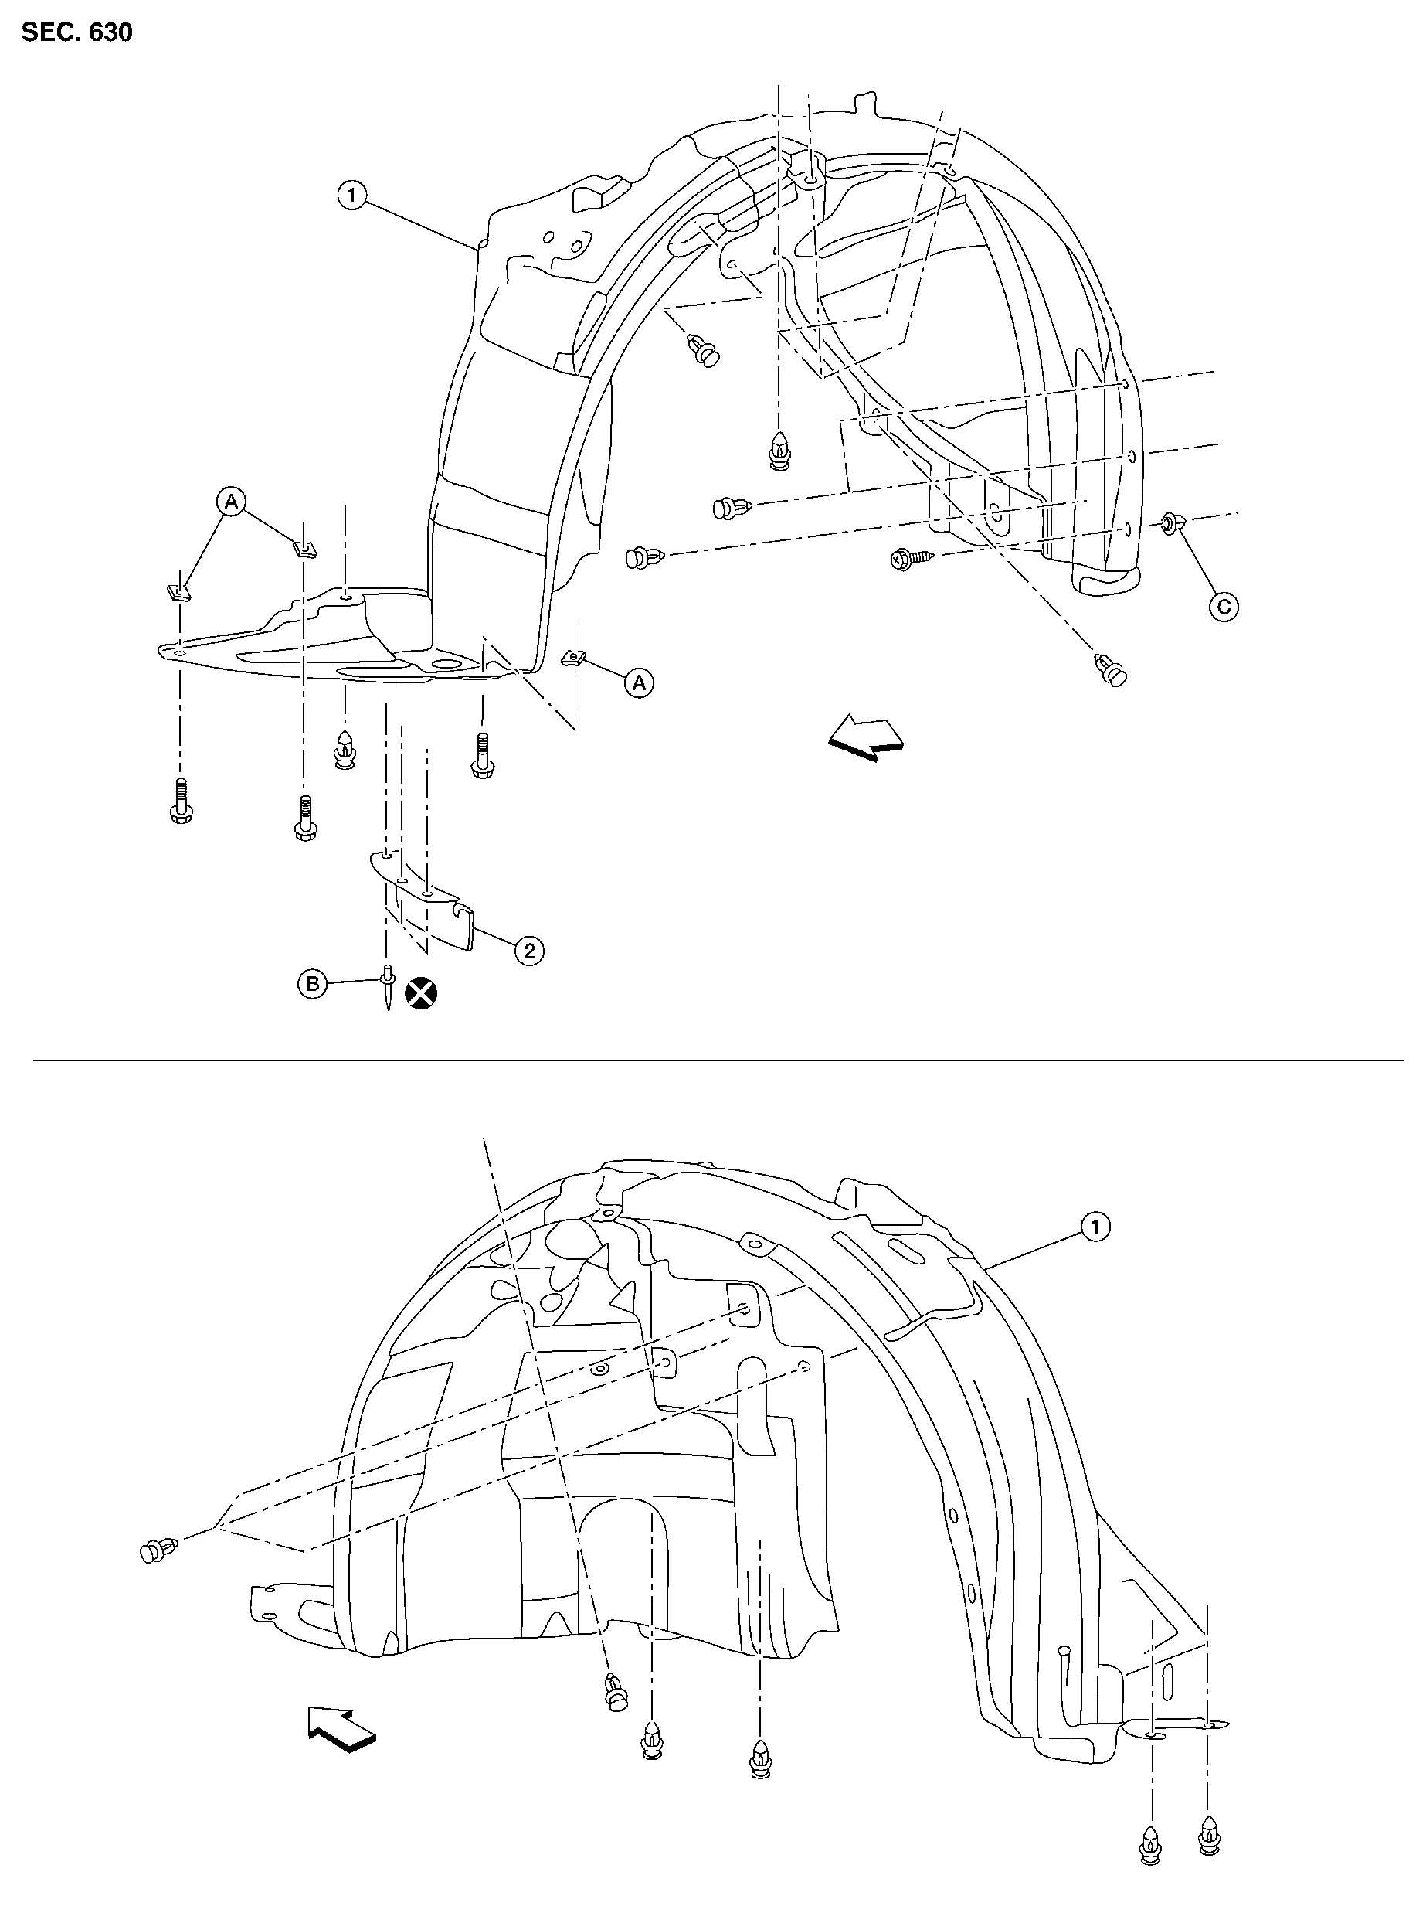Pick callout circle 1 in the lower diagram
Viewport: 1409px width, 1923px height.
[1095, 1227]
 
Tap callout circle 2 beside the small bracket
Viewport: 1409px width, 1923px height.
[529, 951]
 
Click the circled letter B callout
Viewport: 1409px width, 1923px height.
[312, 985]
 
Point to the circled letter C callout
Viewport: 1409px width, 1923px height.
[1224, 607]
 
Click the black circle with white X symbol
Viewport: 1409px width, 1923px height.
[420, 992]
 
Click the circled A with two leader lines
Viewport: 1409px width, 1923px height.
[232, 501]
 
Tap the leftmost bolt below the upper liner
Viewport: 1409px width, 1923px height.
[181, 799]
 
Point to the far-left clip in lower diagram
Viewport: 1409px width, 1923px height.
[158, 1550]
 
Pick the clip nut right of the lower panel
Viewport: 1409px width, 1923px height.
[573, 657]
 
